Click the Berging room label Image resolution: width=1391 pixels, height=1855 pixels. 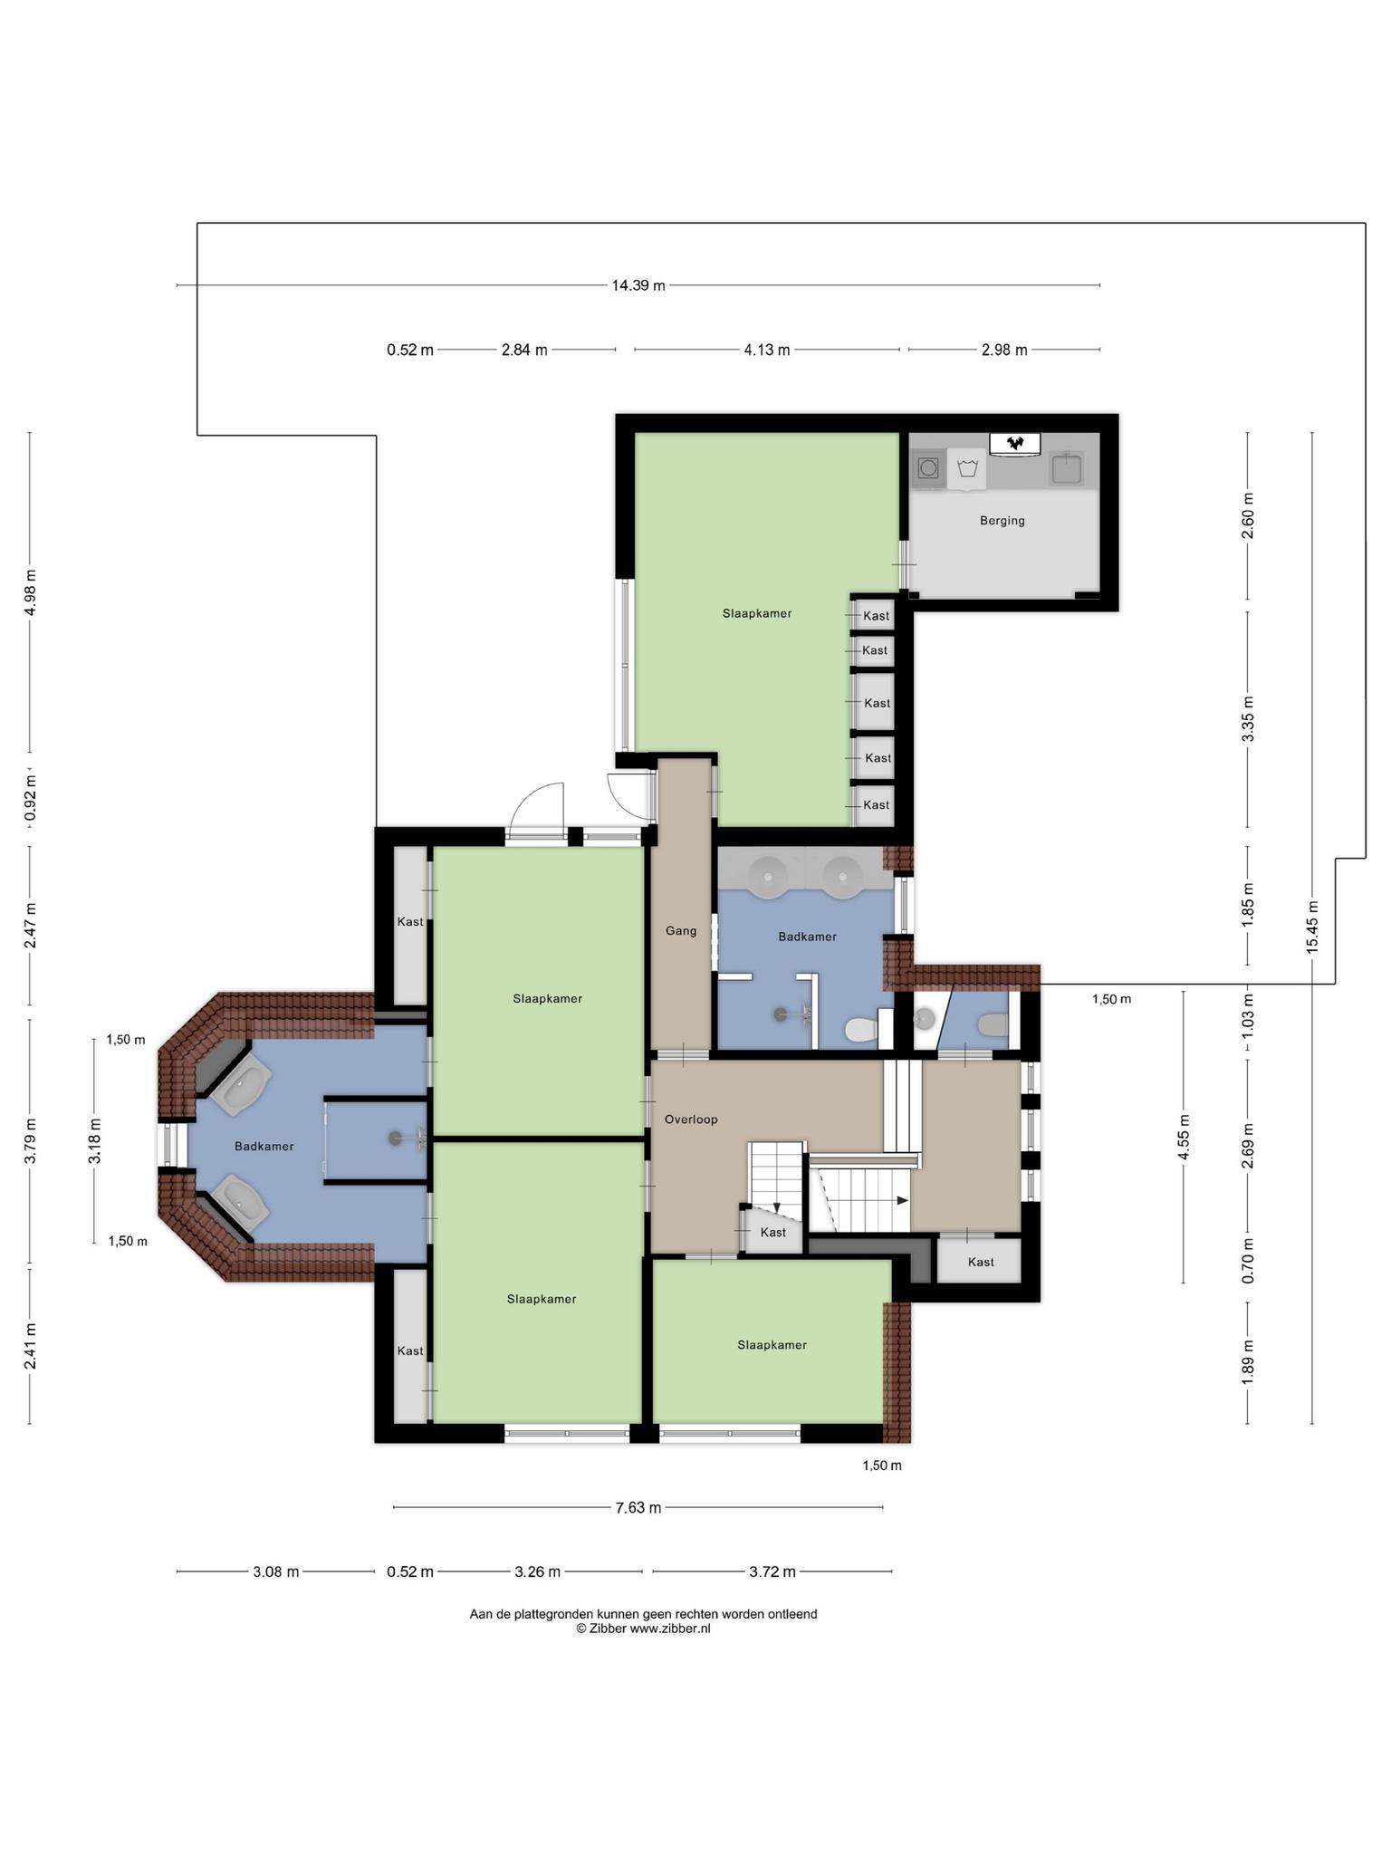pyautogui.click(x=1002, y=521)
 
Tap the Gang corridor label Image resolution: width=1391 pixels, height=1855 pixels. pyautogui.click(x=681, y=930)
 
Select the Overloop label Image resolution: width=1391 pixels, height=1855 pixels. pyautogui.click(x=691, y=1120)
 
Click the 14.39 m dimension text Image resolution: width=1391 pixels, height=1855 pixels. pyautogui.click(x=638, y=285)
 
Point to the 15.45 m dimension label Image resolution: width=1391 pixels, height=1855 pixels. pyautogui.click(x=1312, y=927)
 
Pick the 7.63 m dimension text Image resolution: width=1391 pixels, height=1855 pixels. pyautogui.click(x=638, y=1508)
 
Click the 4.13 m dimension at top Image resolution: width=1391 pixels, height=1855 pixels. pyautogui.click(x=767, y=350)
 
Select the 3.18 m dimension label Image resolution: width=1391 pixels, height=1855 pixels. pyautogui.click(x=95, y=1141)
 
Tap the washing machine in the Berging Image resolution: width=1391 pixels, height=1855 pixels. pyautogui.click(x=928, y=468)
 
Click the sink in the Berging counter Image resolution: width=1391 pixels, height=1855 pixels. pyautogui.click(x=1067, y=469)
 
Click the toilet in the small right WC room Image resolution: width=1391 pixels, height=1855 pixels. pyautogui.click(x=993, y=1024)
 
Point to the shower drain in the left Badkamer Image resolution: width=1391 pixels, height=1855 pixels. pyautogui.click(x=394, y=1137)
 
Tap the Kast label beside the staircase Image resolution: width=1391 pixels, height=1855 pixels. pyautogui.click(x=772, y=1232)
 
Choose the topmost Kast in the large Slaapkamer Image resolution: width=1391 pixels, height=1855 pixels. pyautogui.click(x=876, y=616)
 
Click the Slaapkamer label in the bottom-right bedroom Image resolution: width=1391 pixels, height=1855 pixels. pyautogui.click(x=772, y=1345)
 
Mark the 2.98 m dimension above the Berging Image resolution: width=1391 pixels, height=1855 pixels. pyautogui.click(x=1004, y=350)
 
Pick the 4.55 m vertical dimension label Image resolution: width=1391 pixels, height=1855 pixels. pyautogui.click(x=1184, y=1137)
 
